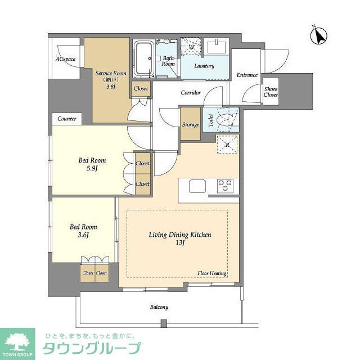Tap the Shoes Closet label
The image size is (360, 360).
[x=271, y=92]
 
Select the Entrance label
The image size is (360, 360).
[x=246, y=75]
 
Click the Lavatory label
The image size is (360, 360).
[x=204, y=66]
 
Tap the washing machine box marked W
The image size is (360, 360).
[x=190, y=47]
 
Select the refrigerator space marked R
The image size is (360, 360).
[x=227, y=145]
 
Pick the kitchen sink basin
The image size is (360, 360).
[x=198, y=186]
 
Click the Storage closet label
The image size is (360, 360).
[x=190, y=124]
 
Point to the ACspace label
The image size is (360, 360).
[x=65, y=60]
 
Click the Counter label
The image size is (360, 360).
[x=67, y=119]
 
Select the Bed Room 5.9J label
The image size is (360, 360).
[x=92, y=164]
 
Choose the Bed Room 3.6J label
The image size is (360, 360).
[x=83, y=231]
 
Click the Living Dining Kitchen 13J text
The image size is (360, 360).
[x=179, y=238]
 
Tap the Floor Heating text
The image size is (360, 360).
[x=211, y=273]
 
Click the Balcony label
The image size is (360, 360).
[x=159, y=307]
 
